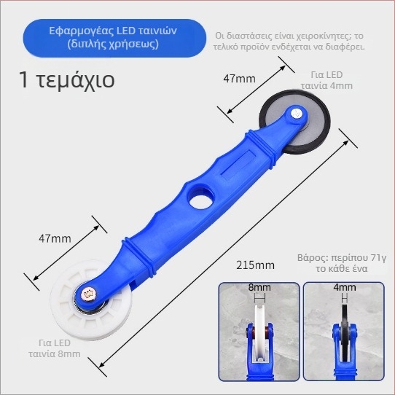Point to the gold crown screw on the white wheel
[87, 294]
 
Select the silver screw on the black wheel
[297, 113]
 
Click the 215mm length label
[255, 265]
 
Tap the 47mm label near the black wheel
[239, 79]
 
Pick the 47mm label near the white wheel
[55, 238]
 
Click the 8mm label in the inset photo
[259, 287]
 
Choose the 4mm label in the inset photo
[345, 287]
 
